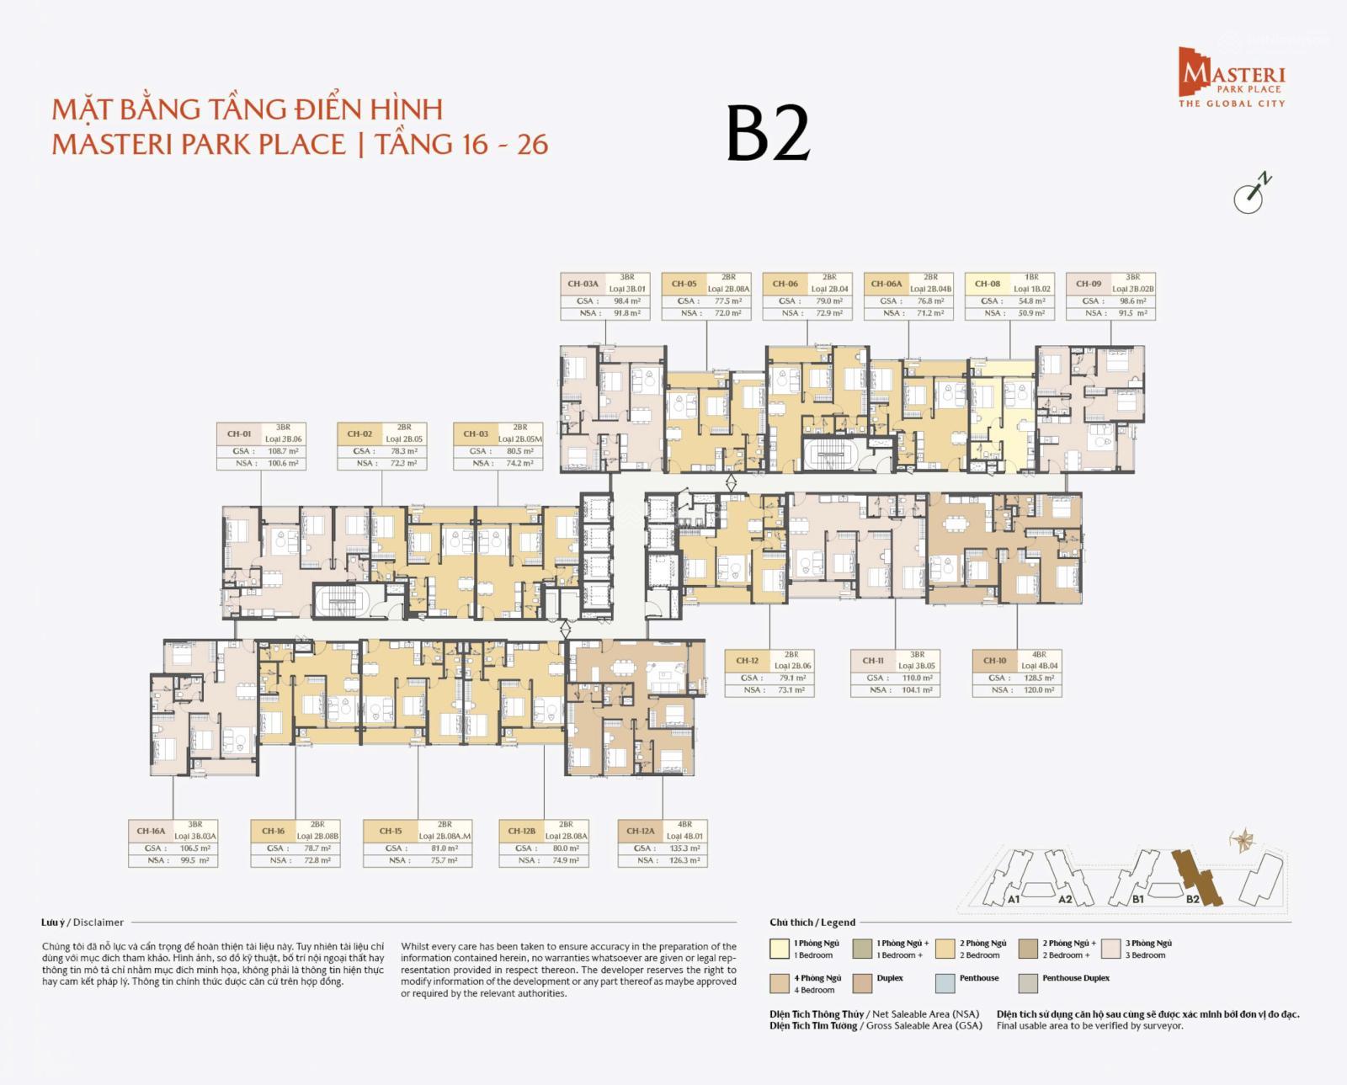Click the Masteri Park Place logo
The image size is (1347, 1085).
pyautogui.click(x=1232, y=77)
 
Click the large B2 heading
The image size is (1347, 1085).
pyautogui.click(x=768, y=135)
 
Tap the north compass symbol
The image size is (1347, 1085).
pyautogui.click(x=1251, y=194)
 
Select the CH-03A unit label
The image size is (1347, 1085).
pyautogui.click(x=583, y=284)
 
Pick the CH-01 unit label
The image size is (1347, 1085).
pyautogui.click(x=239, y=433)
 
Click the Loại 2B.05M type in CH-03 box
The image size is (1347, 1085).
pyautogui.click(x=519, y=439)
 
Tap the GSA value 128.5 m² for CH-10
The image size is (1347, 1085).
pyautogui.click(x=1038, y=678)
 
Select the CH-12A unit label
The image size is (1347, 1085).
pyautogui.click(x=641, y=831)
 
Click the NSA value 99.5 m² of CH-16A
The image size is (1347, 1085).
pyautogui.click(x=194, y=860)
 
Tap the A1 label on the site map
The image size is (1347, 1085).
pyautogui.click(x=1014, y=899)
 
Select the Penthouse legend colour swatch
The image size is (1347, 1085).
pyautogui.click(x=945, y=983)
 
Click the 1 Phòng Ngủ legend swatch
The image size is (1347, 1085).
pyautogui.click(x=779, y=949)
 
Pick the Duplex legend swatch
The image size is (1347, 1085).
pyautogui.click(x=862, y=983)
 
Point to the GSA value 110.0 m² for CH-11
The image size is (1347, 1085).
pyautogui.click(x=917, y=678)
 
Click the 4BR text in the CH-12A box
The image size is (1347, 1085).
pyautogui.click(x=684, y=824)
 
